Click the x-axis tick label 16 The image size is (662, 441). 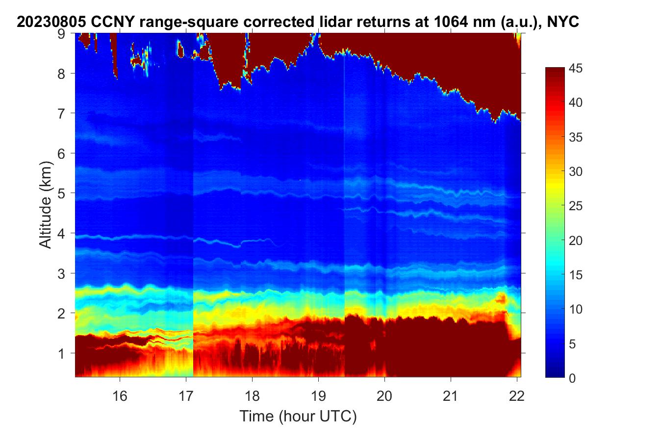(x=120, y=395)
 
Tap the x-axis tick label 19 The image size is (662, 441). (x=318, y=395)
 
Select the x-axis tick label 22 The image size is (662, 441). (x=517, y=395)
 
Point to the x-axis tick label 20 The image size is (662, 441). (x=384, y=395)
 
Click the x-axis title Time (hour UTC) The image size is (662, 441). (x=298, y=416)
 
